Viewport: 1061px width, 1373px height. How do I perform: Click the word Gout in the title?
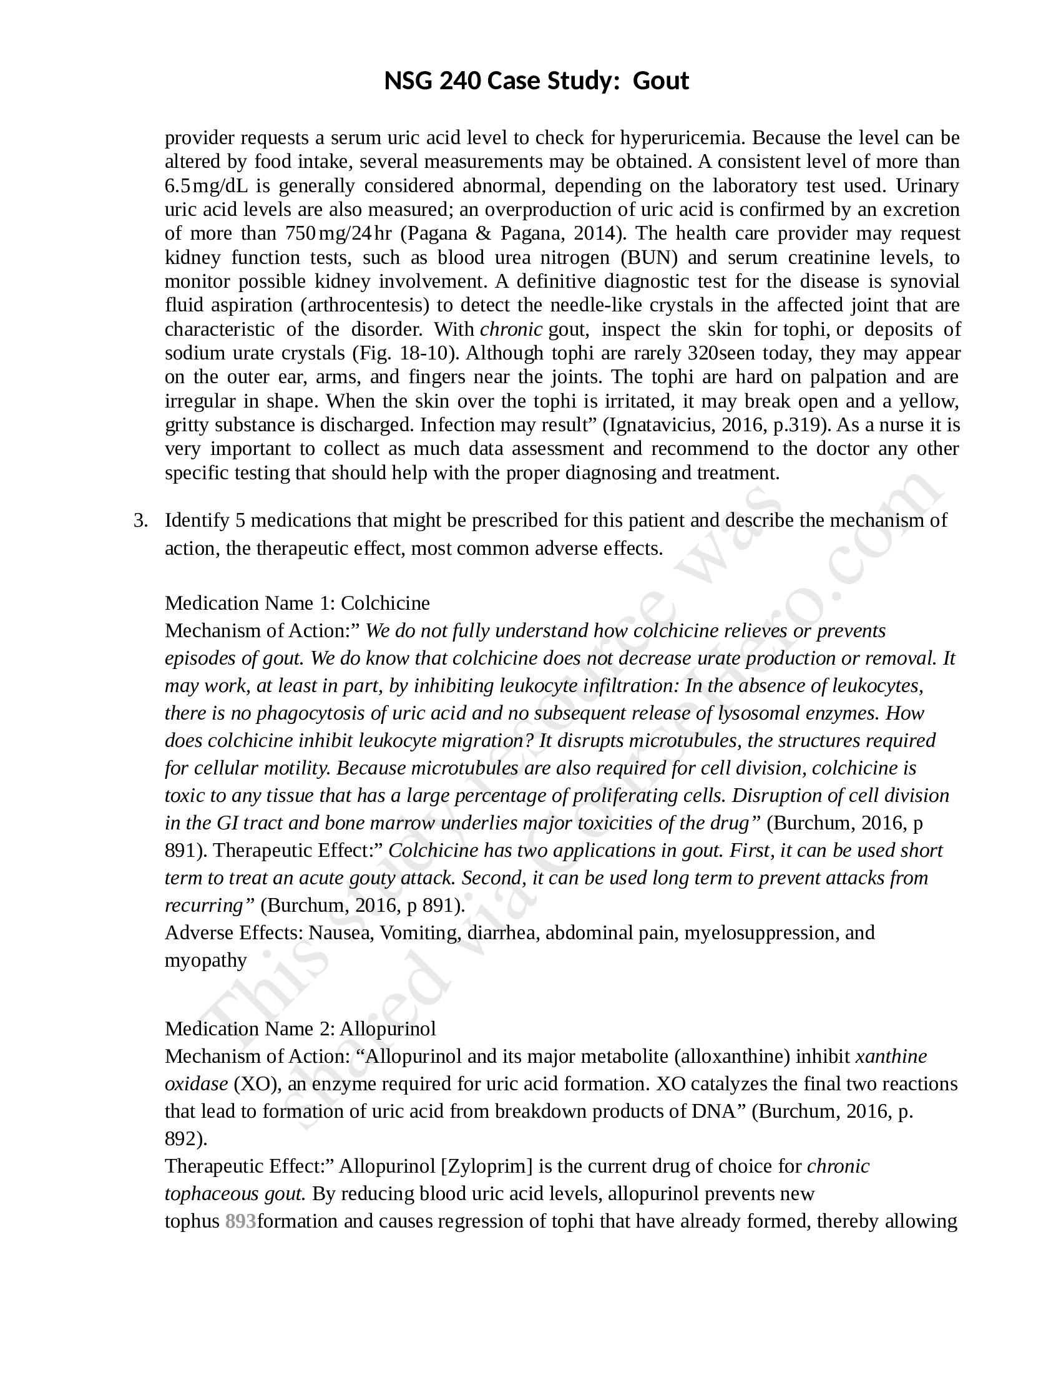(660, 81)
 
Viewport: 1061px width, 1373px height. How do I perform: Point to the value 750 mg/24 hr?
(338, 233)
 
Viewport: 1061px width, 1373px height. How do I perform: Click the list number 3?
(141, 520)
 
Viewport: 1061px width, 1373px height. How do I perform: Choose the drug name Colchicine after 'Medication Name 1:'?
(385, 603)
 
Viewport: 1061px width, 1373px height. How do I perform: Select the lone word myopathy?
(205, 960)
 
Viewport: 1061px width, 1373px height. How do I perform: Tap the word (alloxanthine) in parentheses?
(731, 1056)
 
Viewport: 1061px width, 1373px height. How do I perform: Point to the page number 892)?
(186, 1138)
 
